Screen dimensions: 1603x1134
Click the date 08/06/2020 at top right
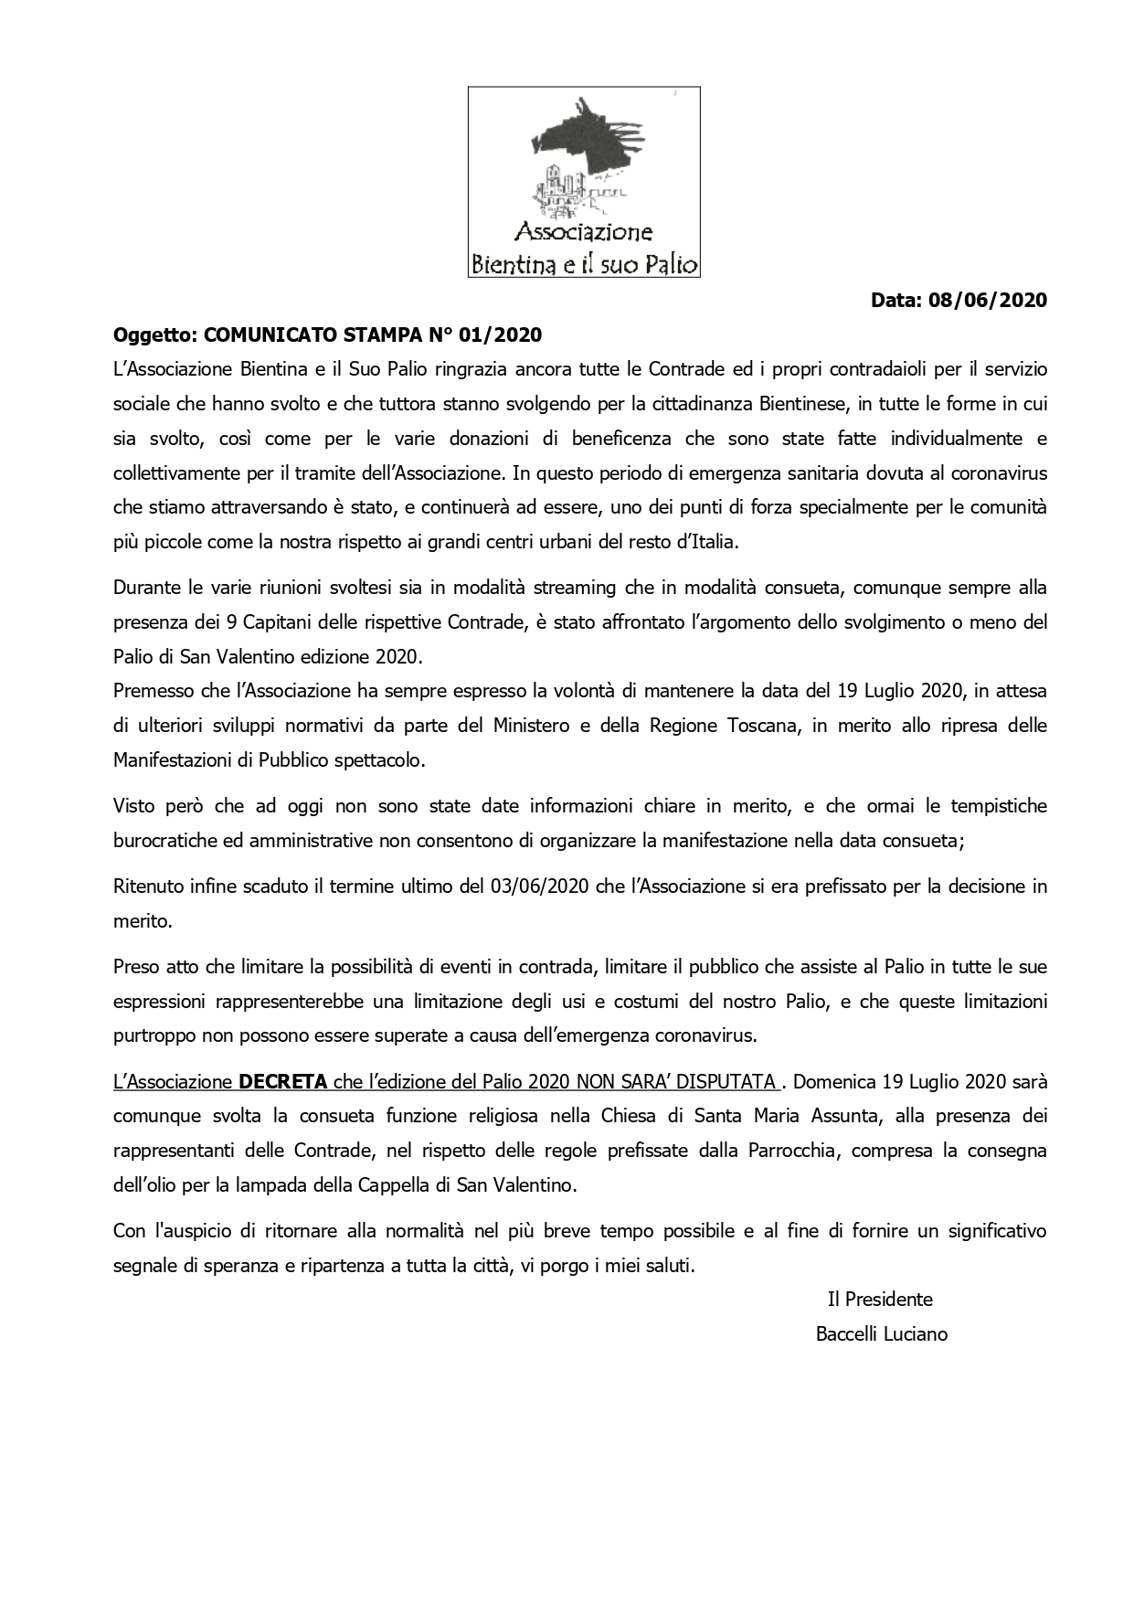pos(987,300)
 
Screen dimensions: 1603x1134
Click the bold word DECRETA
pos(282,1082)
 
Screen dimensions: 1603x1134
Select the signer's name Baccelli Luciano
pos(881,1334)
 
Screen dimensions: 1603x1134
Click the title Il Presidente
pos(880,1300)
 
